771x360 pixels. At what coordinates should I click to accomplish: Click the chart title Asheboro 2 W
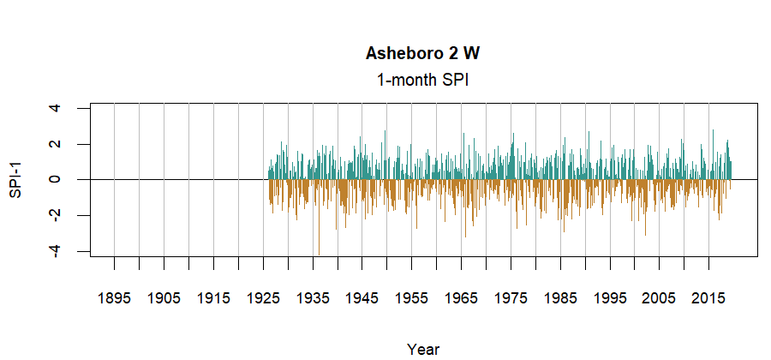click(x=422, y=54)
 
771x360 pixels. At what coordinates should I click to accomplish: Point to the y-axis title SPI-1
click(x=15, y=180)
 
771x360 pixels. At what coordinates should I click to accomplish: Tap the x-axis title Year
click(x=423, y=349)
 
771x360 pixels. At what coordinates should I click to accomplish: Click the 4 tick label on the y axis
click(x=55, y=109)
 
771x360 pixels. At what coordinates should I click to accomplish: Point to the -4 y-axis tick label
click(x=55, y=250)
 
